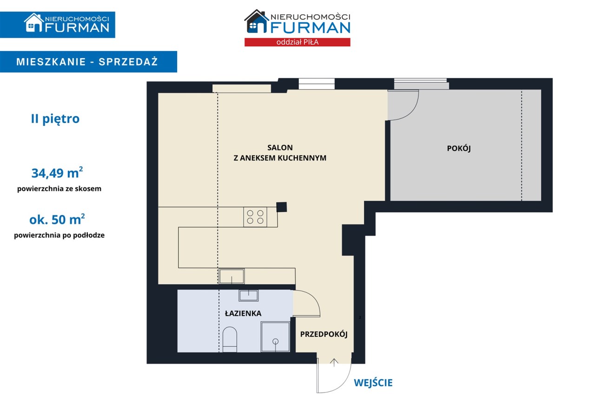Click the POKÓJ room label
(x=459, y=148)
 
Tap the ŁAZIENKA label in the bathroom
(x=243, y=313)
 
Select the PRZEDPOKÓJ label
(x=324, y=334)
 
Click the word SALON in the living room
(x=280, y=148)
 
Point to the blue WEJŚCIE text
(x=373, y=383)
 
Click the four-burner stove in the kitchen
(x=255, y=217)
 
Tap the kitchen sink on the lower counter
(x=231, y=276)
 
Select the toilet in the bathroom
(x=230, y=339)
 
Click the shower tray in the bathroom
(x=275, y=337)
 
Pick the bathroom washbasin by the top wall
(x=249, y=295)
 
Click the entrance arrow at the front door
(x=334, y=362)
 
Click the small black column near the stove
(x=282, y=207)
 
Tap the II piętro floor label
(x=55, y=118)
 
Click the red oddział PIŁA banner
(x=297, y=42)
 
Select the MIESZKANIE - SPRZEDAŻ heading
(x=87, y=62)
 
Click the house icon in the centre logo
(x=255, y=22)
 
